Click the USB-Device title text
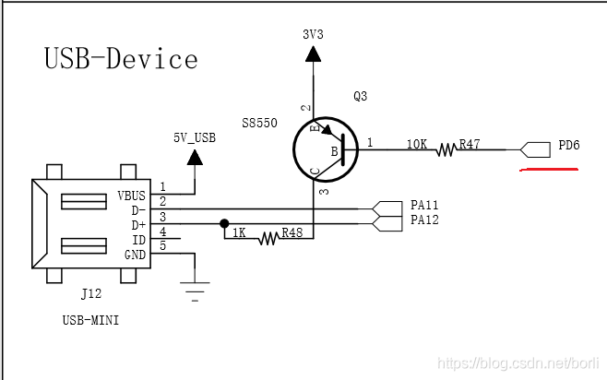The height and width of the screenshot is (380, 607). click(121, 59)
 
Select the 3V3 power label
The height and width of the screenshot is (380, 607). click(314, 33)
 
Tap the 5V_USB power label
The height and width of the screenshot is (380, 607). click(194, 137)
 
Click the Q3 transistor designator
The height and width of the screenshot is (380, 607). click(361, 97)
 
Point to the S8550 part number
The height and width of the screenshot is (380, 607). click(259, 122)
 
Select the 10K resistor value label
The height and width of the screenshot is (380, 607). click(417, 144)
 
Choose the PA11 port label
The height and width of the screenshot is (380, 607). click(424, 205)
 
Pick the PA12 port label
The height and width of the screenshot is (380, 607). click(424, 220)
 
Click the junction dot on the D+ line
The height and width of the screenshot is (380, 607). click(224, 223)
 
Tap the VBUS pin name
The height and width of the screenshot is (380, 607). click(132, 196)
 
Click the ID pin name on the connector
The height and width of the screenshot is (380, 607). click(138, 238)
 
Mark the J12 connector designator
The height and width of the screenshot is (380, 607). click(91, 294)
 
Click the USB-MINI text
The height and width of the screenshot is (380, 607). click(91, 320)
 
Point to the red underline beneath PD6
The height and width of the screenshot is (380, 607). click(548, 170)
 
